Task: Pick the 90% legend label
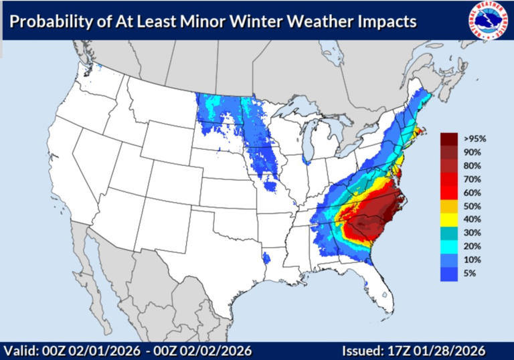point(470,152)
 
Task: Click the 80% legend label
point(470,165)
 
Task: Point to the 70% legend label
point(470,179)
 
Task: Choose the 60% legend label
point(470,193)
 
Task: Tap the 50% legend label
point(470,206)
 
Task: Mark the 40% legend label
point(470,219)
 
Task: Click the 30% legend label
point(470,233)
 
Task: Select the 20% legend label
point(470,247)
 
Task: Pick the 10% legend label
point(470,260)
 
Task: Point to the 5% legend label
point(468,274)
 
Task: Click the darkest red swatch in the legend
point(448,139)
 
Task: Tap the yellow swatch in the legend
point(448,219)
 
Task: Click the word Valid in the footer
point(19,351)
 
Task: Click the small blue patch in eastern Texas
point(267,258)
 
